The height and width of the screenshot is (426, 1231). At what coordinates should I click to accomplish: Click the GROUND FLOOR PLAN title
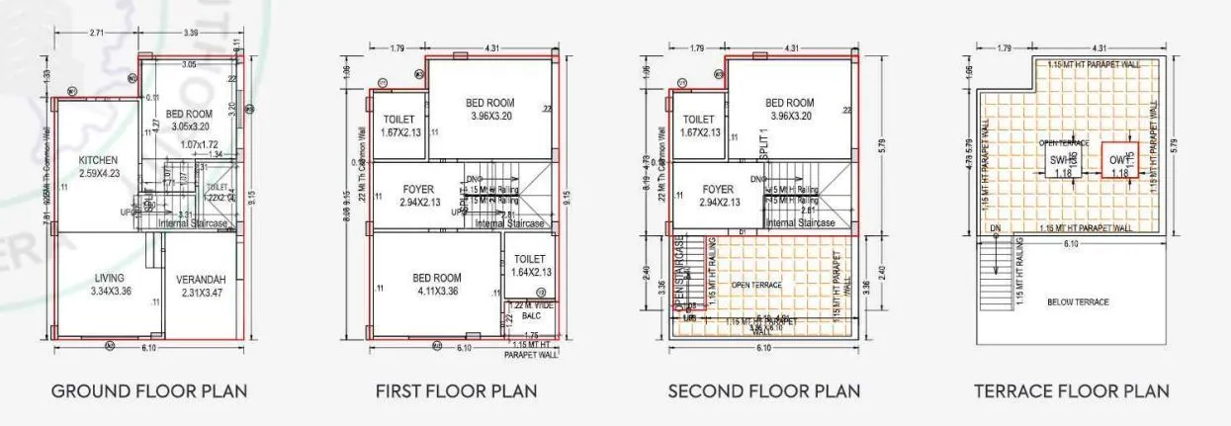(149, 391)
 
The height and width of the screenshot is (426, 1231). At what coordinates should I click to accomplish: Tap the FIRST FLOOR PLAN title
(456, 391)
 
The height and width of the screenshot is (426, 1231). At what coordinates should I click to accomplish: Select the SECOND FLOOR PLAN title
(763, 391)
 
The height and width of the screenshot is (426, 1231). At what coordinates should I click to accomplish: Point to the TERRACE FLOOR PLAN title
(1072, 391)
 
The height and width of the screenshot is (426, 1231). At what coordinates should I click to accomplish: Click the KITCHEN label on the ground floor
(98, 160)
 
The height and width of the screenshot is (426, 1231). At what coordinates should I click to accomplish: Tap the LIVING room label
(110, 278)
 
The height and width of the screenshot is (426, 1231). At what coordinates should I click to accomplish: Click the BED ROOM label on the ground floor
(189, 114)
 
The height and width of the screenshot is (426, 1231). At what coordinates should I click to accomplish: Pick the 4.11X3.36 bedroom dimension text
(436, 291)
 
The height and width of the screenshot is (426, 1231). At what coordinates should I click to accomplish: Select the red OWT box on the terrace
(1119, 160)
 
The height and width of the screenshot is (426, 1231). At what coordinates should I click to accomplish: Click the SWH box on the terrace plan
(1064, 160)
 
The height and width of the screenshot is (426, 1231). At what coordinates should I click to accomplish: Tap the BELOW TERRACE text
(1078, 301)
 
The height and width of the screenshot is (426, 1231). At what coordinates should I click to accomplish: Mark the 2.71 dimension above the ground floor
(96, 34)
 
